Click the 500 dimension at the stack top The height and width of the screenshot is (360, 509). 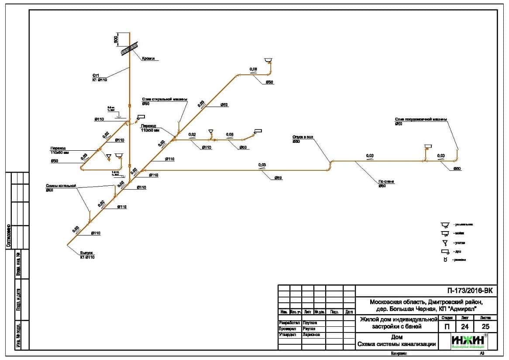coord(116,39)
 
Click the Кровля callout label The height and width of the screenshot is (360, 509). coord(148,59)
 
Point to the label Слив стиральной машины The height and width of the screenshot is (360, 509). coord(164,99)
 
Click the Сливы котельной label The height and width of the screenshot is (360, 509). coord(61,186)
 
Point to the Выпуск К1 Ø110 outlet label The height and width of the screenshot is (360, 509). coord(86,255)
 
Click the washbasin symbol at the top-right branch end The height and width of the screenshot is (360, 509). coord(268,60)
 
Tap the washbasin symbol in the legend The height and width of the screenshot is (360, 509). coord(445,225)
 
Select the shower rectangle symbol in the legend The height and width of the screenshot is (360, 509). coord(445,252)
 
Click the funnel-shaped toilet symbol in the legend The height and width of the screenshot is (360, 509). coord(445,242)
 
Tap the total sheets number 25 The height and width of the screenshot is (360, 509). coord(485,326)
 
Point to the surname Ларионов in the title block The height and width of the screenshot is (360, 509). coord(311,335)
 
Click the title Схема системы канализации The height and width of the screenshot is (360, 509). coord(396,344)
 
